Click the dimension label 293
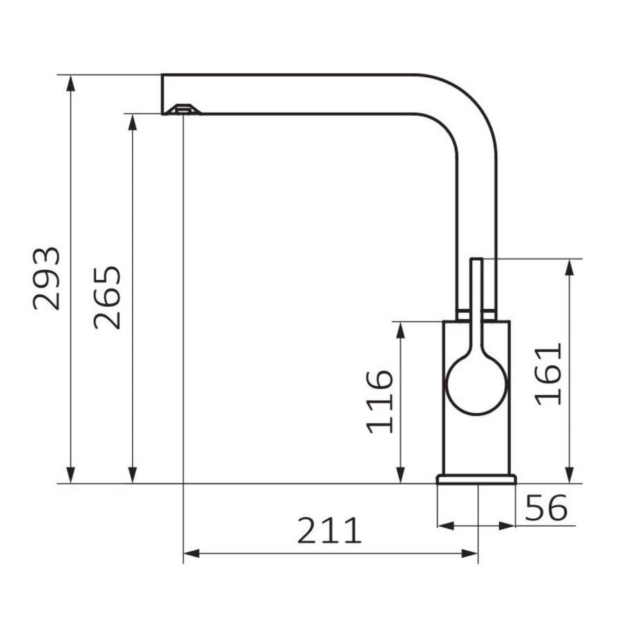tap(47, 279)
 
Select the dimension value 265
tap(107, 298)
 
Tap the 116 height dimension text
tap(380, 402)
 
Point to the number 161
tap(548, 374)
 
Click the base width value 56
tap(546, 508)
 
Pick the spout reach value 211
tap(330, 530)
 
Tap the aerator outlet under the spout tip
tap(183, 109)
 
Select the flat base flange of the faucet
tap(476, 479)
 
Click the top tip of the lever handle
tap(476, 259)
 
